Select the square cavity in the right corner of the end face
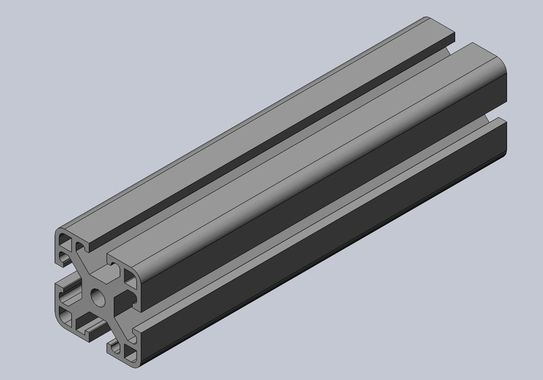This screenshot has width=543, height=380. [131, 278]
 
